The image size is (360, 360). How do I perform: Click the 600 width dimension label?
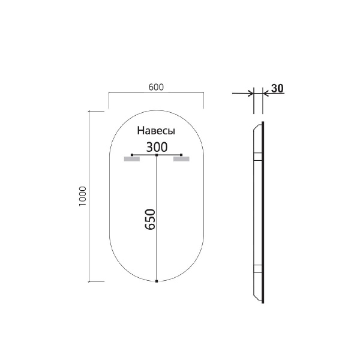click(156, 86)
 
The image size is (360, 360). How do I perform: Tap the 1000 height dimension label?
click(83, 196)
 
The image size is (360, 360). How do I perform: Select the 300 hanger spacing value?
click(157, 146)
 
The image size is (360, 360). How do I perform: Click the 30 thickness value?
click(277, 88)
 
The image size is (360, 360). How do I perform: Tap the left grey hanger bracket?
click(131, 159)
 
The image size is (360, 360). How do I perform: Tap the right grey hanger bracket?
click(181, 159)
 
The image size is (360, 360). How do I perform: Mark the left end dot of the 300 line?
click(132, 155)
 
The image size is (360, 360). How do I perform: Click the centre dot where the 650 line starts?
click(157, 155)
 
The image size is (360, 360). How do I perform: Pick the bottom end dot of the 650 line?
click(157, 281)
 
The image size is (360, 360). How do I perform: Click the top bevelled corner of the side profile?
click(259, 126)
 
